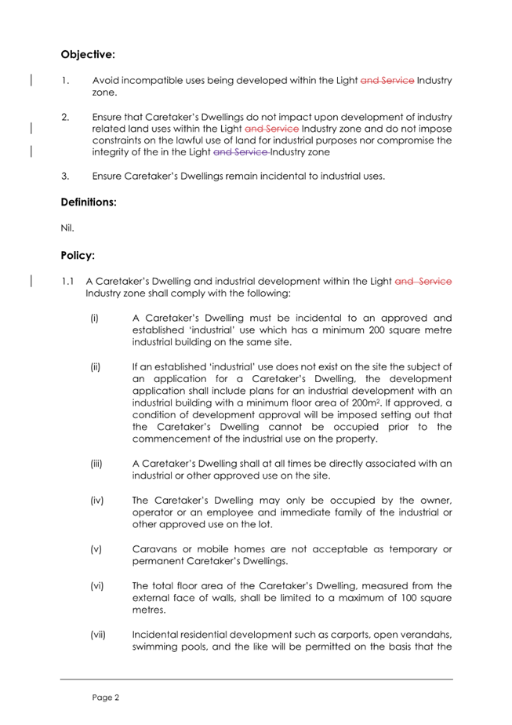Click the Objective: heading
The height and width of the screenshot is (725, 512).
(x=88, y=55)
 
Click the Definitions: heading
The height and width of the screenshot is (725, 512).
(x=89, y=202)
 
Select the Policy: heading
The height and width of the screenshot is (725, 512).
(x=78, y=256)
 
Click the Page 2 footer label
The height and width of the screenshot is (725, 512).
(x=104, y=696)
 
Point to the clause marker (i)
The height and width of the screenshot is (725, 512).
(x=95, y=319)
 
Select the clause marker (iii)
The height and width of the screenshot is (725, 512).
(x=97, y=464)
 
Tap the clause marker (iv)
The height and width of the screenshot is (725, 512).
(x=97, y=499)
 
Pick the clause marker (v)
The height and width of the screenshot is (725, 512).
(x=96, y=548)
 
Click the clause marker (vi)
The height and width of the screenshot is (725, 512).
(x=97, y=585)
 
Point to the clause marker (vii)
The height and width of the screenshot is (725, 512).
(x=98, y=634)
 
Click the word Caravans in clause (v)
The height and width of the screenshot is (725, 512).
(x=154, y=548)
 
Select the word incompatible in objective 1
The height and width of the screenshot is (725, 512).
(x=154, y=80)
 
